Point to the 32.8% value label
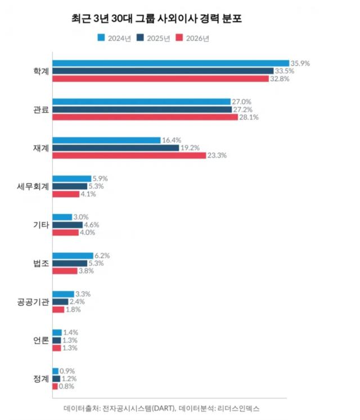click(x=280, y=79)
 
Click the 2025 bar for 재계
click(x=115, y=148)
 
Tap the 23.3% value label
click(x=217, y=155)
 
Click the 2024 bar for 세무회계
click(x=71, y=178)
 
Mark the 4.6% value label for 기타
click(x=92, y=225)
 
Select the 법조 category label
click(x=41, y=263)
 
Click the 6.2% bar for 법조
click(x=73, y=256)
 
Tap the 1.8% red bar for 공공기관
click(x=58, y=309)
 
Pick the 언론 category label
click(x=41, y=340)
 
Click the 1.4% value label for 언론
click(x=70, y=333)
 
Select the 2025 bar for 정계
click(x=56, y=378)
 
